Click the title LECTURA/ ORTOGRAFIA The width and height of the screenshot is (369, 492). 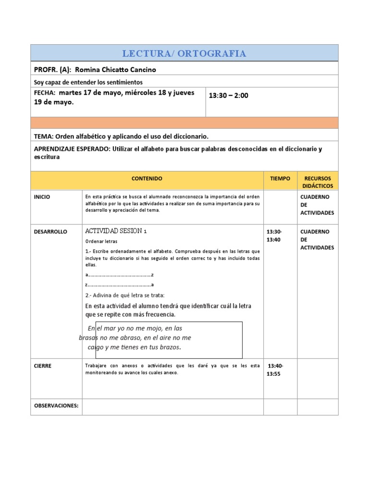pyautogui.click(x=184, y=53)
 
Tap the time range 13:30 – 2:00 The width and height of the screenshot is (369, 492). pyautogui.click(x=229, y=96)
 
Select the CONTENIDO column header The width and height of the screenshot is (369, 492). pyautogui.click(x=147, y=178)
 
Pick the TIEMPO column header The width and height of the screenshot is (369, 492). pyautogui.click(x=280, y=178)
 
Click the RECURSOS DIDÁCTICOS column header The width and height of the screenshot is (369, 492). pyautogui.click(x=318, y=182)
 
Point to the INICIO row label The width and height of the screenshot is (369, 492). pyautogui.click(x=42, y=197)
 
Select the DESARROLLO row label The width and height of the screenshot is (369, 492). pyautogui.click(x=50, y=232)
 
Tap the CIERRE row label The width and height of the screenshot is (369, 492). pyautogui.click(x=43, y=366)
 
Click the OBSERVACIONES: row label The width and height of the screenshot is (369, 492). pyautogui.click(x=56, y=406)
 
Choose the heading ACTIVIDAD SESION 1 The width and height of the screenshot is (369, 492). pyautogui.click(x=116, y=231)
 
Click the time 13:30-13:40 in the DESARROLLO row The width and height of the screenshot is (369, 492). pyautogui.click(x=275, y=235)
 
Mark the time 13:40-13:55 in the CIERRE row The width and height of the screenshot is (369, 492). pyautogui.click(x=275, y=369)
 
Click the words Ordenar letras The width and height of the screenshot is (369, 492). pyautogui.click(x=101, y=241)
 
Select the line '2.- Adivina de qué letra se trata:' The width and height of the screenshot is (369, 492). pyautogui.click(x=125, y=295)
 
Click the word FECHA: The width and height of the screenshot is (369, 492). pyautogui.click(x=45, y=93)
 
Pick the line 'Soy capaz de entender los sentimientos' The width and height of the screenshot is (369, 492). pyautogui.click(x=88, y=82)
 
